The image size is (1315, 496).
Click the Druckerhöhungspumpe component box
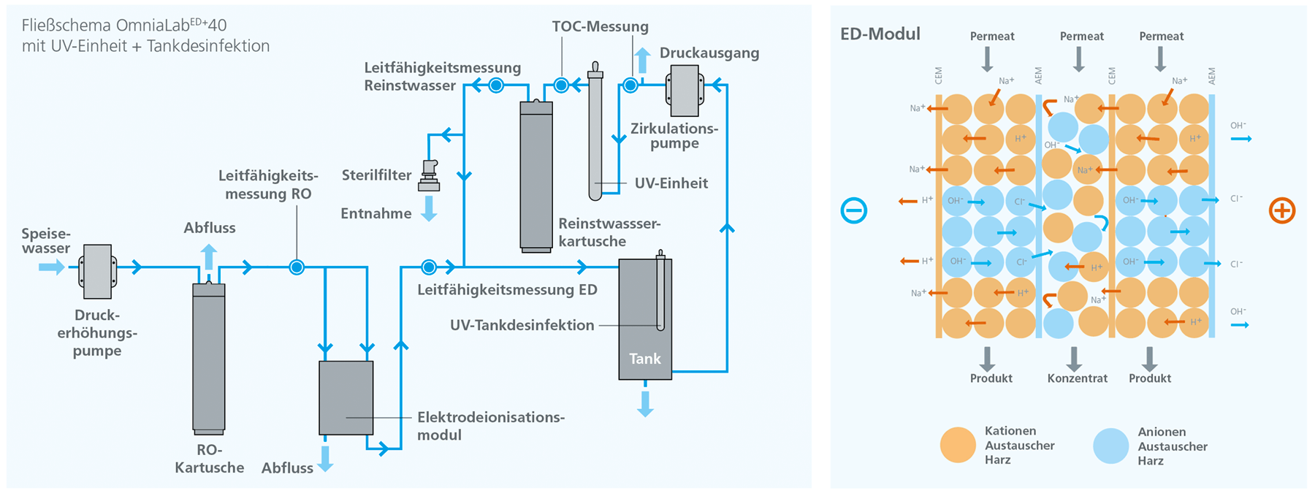point(97,272)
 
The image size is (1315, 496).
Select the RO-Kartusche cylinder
point(209,358)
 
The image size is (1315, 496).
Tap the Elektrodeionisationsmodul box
point(346,398)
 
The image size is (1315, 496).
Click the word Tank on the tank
point(645,359)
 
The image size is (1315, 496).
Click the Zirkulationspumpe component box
point(685,91)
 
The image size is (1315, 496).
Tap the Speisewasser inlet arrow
point(52,267)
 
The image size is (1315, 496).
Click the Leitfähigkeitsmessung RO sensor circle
point(297,267)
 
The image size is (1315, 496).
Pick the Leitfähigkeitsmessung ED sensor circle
point(429,267)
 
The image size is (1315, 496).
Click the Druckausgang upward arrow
point(642,60)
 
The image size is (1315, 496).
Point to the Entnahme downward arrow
point(430,208)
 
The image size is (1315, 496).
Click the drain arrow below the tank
point(645,403)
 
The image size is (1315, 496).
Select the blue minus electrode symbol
point(853,211)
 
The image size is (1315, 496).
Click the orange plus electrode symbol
point(1282,211)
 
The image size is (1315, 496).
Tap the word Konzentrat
point(1078,378)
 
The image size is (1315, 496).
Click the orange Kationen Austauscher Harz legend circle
point(958,445)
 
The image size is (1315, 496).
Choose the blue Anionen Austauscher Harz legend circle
point(1111,446)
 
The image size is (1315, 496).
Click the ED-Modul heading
point(880,34)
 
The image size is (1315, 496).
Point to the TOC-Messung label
point(600,27)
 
